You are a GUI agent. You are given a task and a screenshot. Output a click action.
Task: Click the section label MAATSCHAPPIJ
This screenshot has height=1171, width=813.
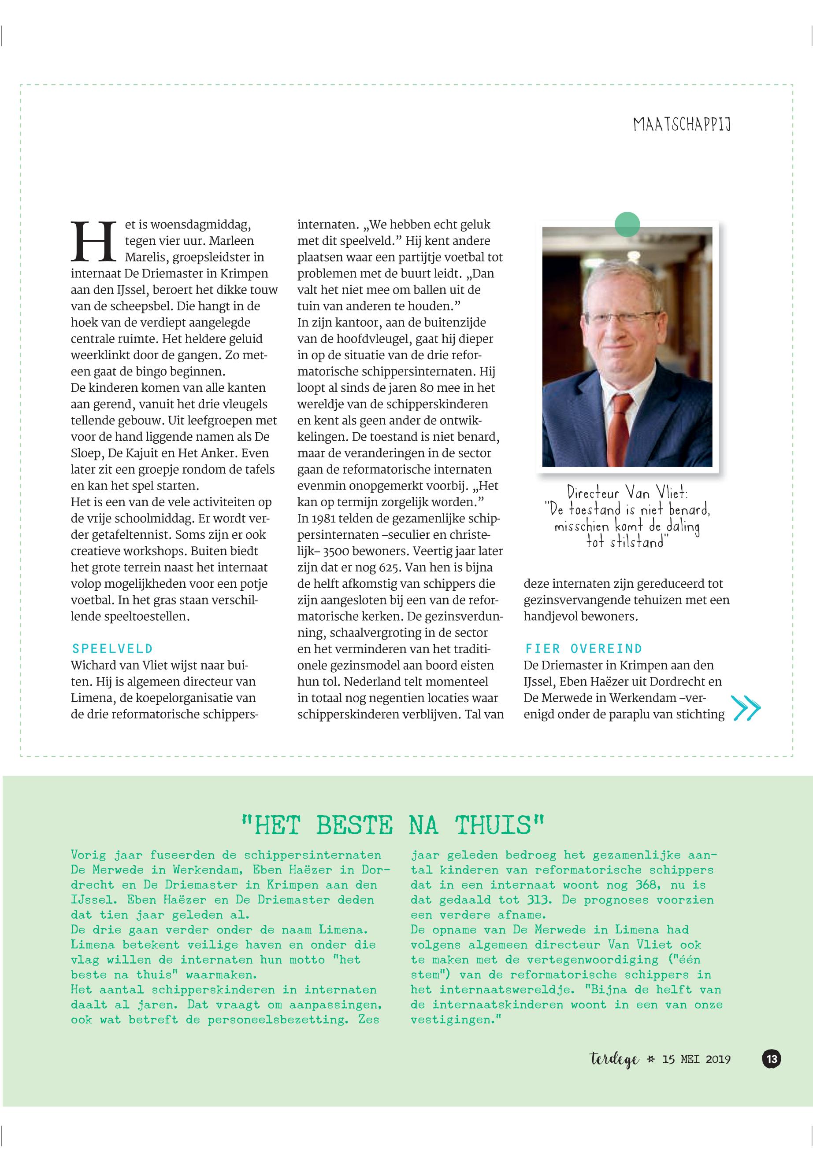pos(682,125)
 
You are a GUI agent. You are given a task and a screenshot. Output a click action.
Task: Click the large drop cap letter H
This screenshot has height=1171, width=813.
pos(92,241)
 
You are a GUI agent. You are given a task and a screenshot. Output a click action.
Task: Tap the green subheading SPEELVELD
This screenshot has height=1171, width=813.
pos(112,648)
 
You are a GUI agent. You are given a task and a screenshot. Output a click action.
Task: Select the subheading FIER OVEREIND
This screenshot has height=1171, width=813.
pos(583,648)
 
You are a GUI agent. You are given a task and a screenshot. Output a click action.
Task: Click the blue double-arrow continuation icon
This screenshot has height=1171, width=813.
pos(745,708)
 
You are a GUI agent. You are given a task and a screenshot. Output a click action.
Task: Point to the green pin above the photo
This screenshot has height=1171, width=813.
pos(627,225)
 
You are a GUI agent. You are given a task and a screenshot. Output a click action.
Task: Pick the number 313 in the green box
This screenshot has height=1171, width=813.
pos(539,899)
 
